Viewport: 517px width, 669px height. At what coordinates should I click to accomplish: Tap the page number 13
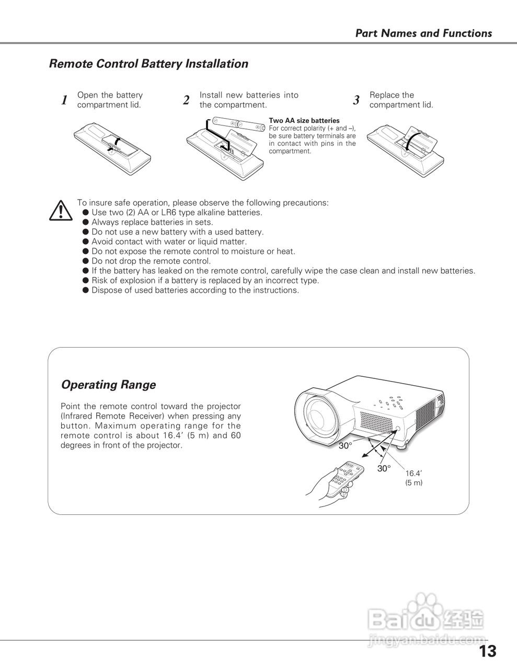tap(487, 651)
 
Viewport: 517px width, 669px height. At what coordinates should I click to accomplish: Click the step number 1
tap(64, 100)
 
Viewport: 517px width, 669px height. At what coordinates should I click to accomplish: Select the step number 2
tap(186, 100)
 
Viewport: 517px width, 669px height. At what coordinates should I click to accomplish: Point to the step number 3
tap(356, 100)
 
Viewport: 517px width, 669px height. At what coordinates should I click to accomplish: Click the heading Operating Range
tap(108, 385)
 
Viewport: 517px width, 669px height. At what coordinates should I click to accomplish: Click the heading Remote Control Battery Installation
tap(148, 64)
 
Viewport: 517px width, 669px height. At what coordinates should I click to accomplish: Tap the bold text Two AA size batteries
tap(304, 121)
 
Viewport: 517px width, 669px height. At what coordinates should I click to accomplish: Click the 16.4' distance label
tap(413, 474)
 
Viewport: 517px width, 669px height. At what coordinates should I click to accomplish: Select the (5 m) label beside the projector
tap(413, 483)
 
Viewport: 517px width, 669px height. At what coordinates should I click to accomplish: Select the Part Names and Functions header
tap(423, 33)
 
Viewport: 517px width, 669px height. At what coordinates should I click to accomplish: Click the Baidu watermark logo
tap(426, 617)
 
